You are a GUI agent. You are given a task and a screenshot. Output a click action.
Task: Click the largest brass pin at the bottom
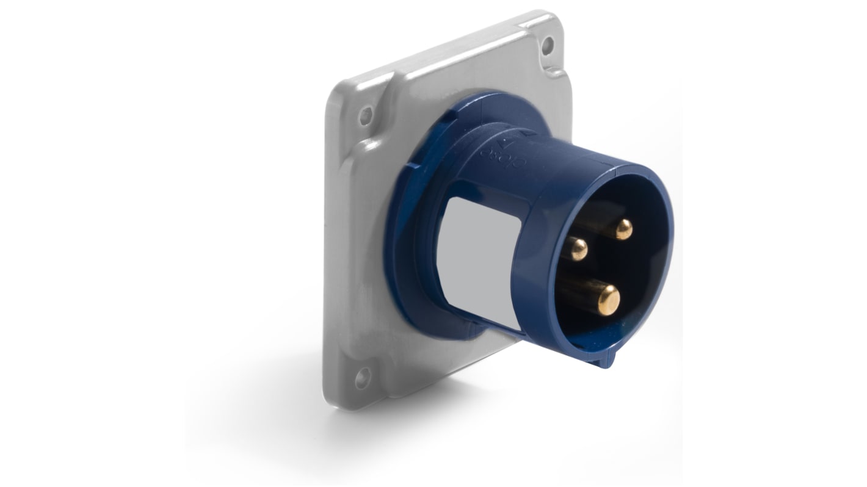coord(608,298)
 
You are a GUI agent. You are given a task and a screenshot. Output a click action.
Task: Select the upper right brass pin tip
coord(623,229)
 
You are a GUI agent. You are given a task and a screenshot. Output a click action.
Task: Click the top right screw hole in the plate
coord(548,44)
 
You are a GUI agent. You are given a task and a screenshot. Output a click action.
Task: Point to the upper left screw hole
coord(366,114)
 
